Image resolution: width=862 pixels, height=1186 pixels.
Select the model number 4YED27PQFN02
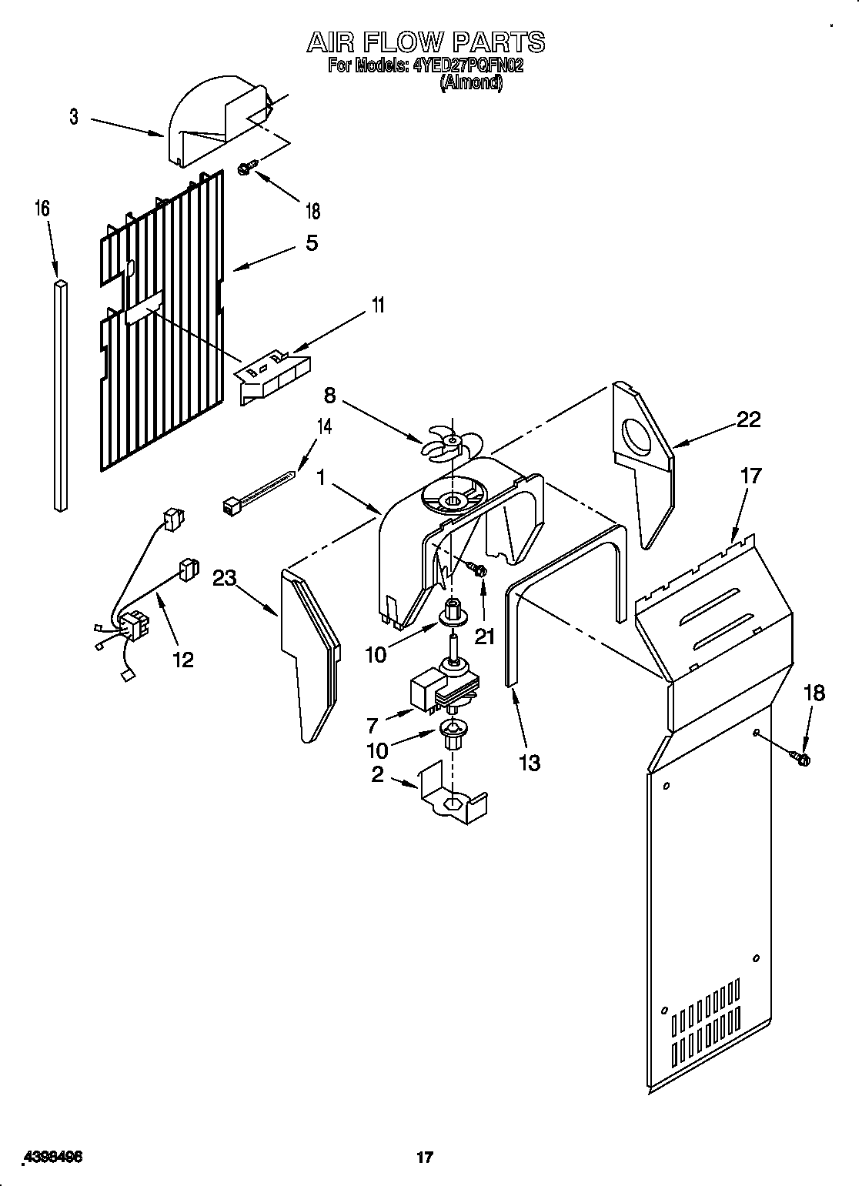point(467,66)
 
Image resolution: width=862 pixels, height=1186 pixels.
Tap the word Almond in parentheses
point(470,83)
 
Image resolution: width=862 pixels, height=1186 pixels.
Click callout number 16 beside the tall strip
point(42,208)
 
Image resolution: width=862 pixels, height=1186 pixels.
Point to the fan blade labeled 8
point(451,444)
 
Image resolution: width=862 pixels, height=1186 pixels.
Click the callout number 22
point(748,419)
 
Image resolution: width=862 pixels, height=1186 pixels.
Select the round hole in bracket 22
point(636,438)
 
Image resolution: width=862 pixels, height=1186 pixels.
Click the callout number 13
point(530,762)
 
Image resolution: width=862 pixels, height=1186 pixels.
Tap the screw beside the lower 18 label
point(801,760)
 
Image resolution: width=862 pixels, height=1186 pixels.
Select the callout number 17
point(750,476)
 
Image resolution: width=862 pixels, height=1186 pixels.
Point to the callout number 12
point(182,659)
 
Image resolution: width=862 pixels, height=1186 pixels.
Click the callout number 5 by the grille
point(311,242)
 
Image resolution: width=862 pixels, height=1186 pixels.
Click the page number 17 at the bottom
point(423,1136)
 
